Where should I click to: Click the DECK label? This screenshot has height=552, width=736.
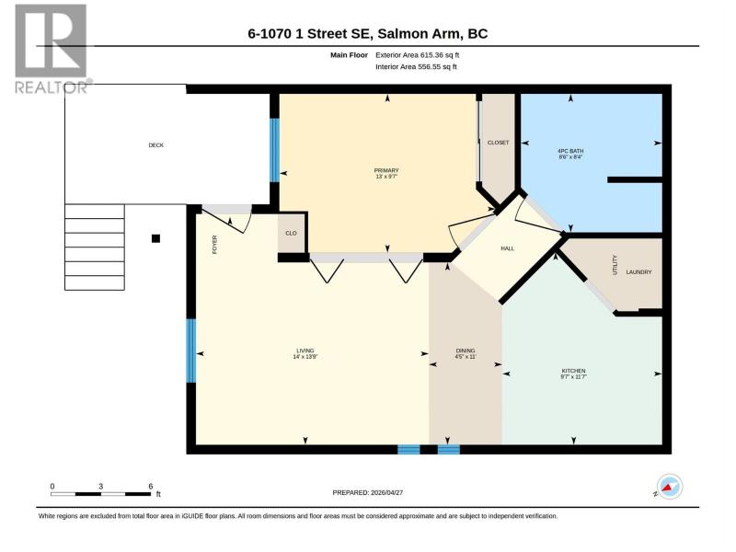[155, 145]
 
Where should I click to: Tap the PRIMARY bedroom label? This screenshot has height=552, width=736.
[386, 170]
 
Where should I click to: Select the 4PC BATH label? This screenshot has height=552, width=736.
[570, 151]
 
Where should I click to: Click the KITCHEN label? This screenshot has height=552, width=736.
[573, 371]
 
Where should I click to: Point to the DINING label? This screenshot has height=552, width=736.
[466, 351]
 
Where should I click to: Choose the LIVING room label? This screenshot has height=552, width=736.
[305, 351]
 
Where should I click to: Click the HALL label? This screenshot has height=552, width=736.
[508, 248]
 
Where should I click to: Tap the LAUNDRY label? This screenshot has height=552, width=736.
[638, 272]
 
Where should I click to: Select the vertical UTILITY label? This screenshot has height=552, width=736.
[615, 265]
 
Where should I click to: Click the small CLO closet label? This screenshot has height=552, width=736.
[291, 234]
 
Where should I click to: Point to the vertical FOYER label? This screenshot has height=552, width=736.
[215, 245]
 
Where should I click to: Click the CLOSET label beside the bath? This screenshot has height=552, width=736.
[498, 143]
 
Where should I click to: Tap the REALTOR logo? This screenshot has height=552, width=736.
[52, 49]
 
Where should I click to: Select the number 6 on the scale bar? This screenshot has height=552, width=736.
[151, 487]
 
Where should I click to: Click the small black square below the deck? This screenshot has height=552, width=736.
[155, 238]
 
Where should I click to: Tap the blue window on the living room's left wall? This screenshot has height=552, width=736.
[191, 351]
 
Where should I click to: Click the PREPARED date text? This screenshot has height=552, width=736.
[367, 493]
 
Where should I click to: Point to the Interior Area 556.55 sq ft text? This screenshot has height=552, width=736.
[416, 66]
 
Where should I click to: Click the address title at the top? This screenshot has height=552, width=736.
[367, 34]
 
